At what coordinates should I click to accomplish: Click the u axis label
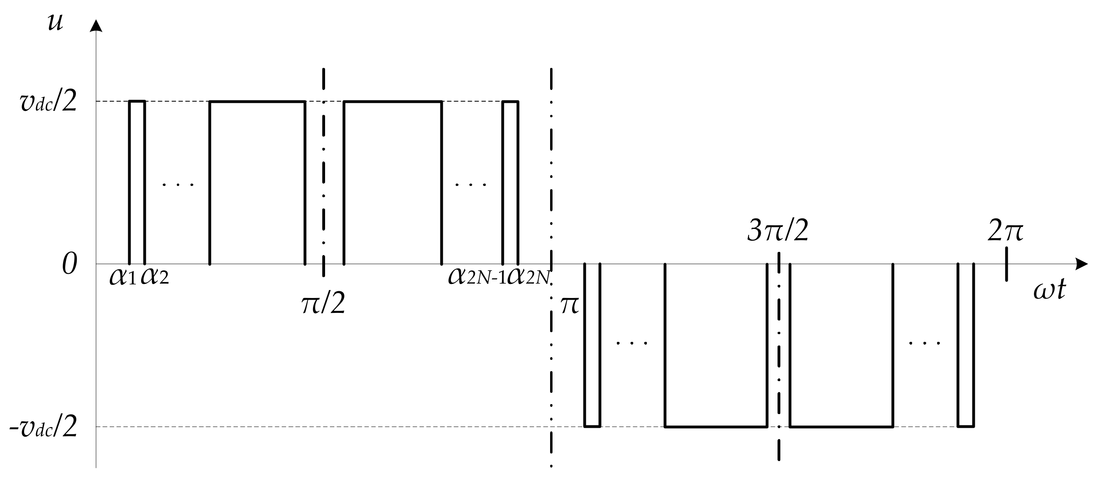55,22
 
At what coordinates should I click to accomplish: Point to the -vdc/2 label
43,427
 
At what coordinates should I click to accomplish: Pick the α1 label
123,277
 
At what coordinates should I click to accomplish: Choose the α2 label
154,277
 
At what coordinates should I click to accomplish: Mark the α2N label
528,277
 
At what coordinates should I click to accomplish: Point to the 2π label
1006,232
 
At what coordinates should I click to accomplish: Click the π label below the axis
570,306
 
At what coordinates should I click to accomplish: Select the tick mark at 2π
1007,264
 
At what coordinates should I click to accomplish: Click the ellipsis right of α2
178,185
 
